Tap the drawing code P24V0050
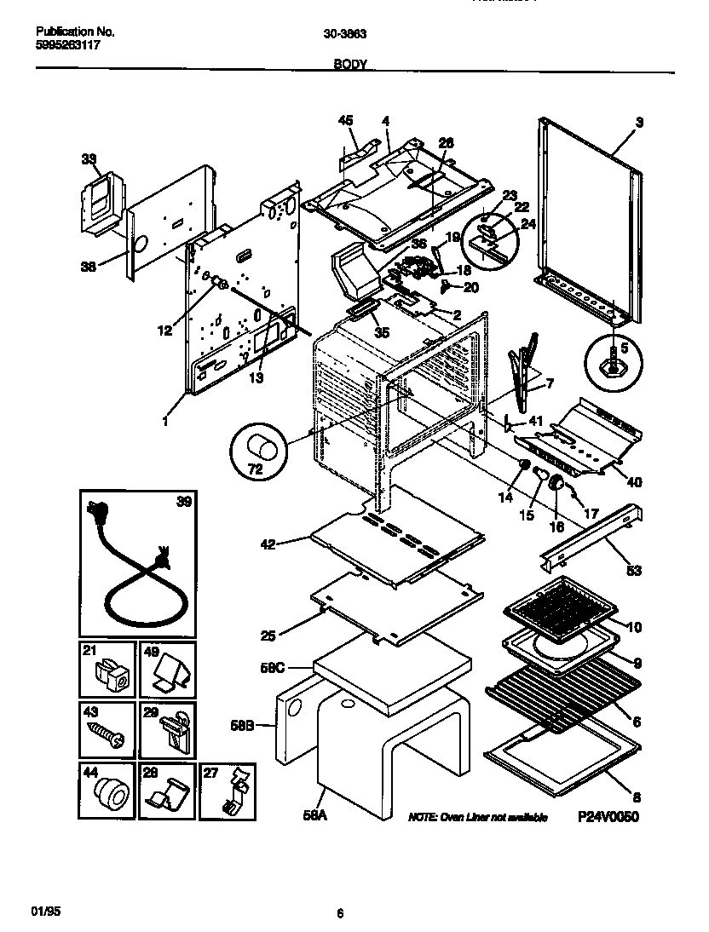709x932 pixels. (608, 816)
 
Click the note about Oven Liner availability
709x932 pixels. (477, 817)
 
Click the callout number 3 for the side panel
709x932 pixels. (638, 123)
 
